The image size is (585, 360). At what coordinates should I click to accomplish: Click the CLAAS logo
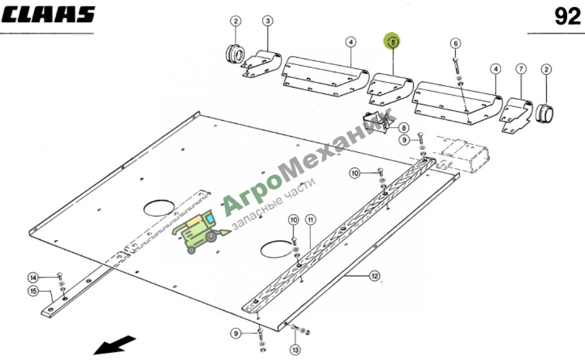pyautogui.click(x=48, y=15)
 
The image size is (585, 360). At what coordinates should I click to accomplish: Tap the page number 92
pyautogui.click(x=568, y=17)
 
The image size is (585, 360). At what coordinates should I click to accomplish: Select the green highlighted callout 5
pyautogui.click(x=393, y=41)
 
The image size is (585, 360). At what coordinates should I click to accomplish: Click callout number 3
pyautogui.click(x=268, y=21)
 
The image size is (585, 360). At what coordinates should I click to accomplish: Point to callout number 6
pyautogui.click(x=455, y=43)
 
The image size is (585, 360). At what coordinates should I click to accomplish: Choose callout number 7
pyautogui.click(x=521, y=69)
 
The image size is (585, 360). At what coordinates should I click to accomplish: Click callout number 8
pyautogui.click(x=404, y=128)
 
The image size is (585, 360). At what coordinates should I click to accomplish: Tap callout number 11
pyautogui.click(x=310, y=220)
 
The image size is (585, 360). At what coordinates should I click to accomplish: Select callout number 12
pyautogui.click(x=375, y=276)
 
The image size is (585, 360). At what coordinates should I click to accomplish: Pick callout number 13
pyautogui.click(x=295, y=350)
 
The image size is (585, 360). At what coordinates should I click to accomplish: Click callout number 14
pyautogui.click(x=33, y=278)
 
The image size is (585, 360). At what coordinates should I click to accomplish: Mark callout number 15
pyautogui.click(x=33, y=290)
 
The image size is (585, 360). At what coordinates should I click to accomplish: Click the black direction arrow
pyautogui.click(x=115, y=345)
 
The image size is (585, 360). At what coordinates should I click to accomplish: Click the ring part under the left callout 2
pyautogui.click(x=235, y=54)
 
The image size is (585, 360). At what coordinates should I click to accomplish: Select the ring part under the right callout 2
pyautogui.click(x=544, y=114)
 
